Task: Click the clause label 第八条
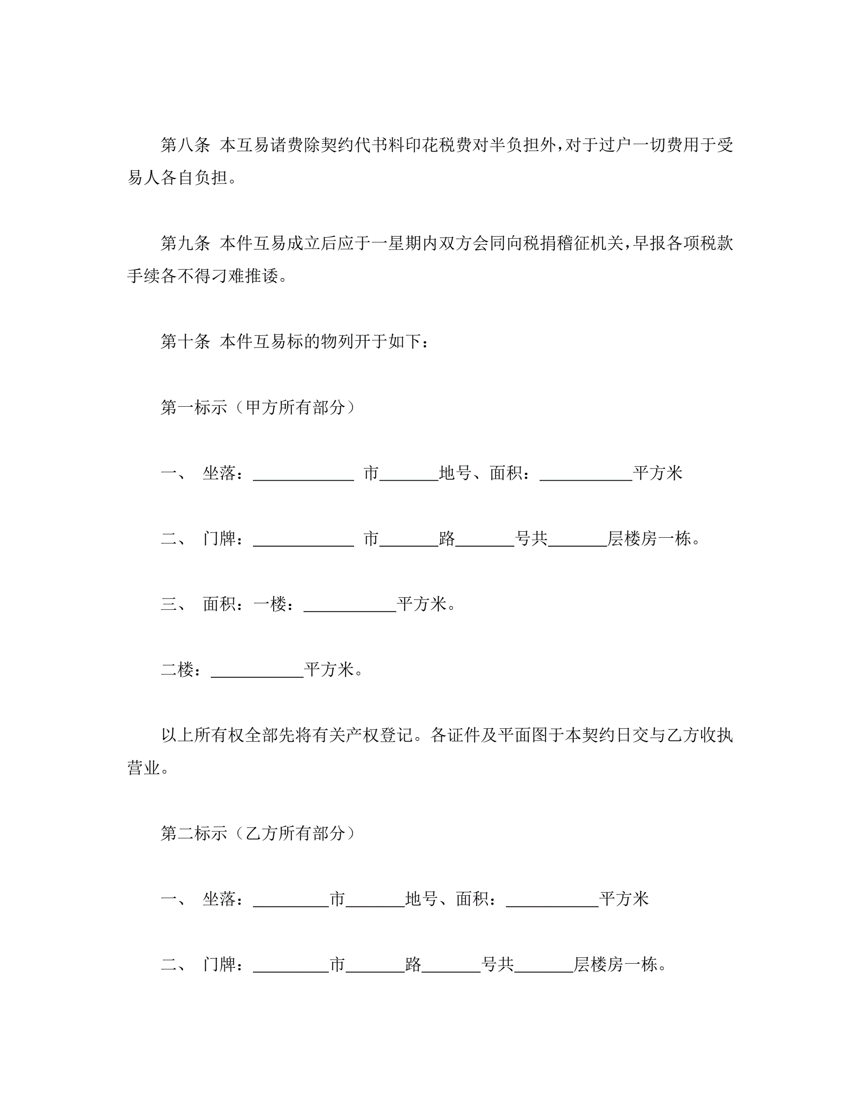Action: coord(185,145)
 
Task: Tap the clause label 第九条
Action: coord(185,243)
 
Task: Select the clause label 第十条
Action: coord(185,341)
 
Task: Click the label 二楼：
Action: coord(181,670)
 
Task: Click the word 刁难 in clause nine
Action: coord(228,276)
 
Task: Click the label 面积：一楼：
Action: coord(249,604)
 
